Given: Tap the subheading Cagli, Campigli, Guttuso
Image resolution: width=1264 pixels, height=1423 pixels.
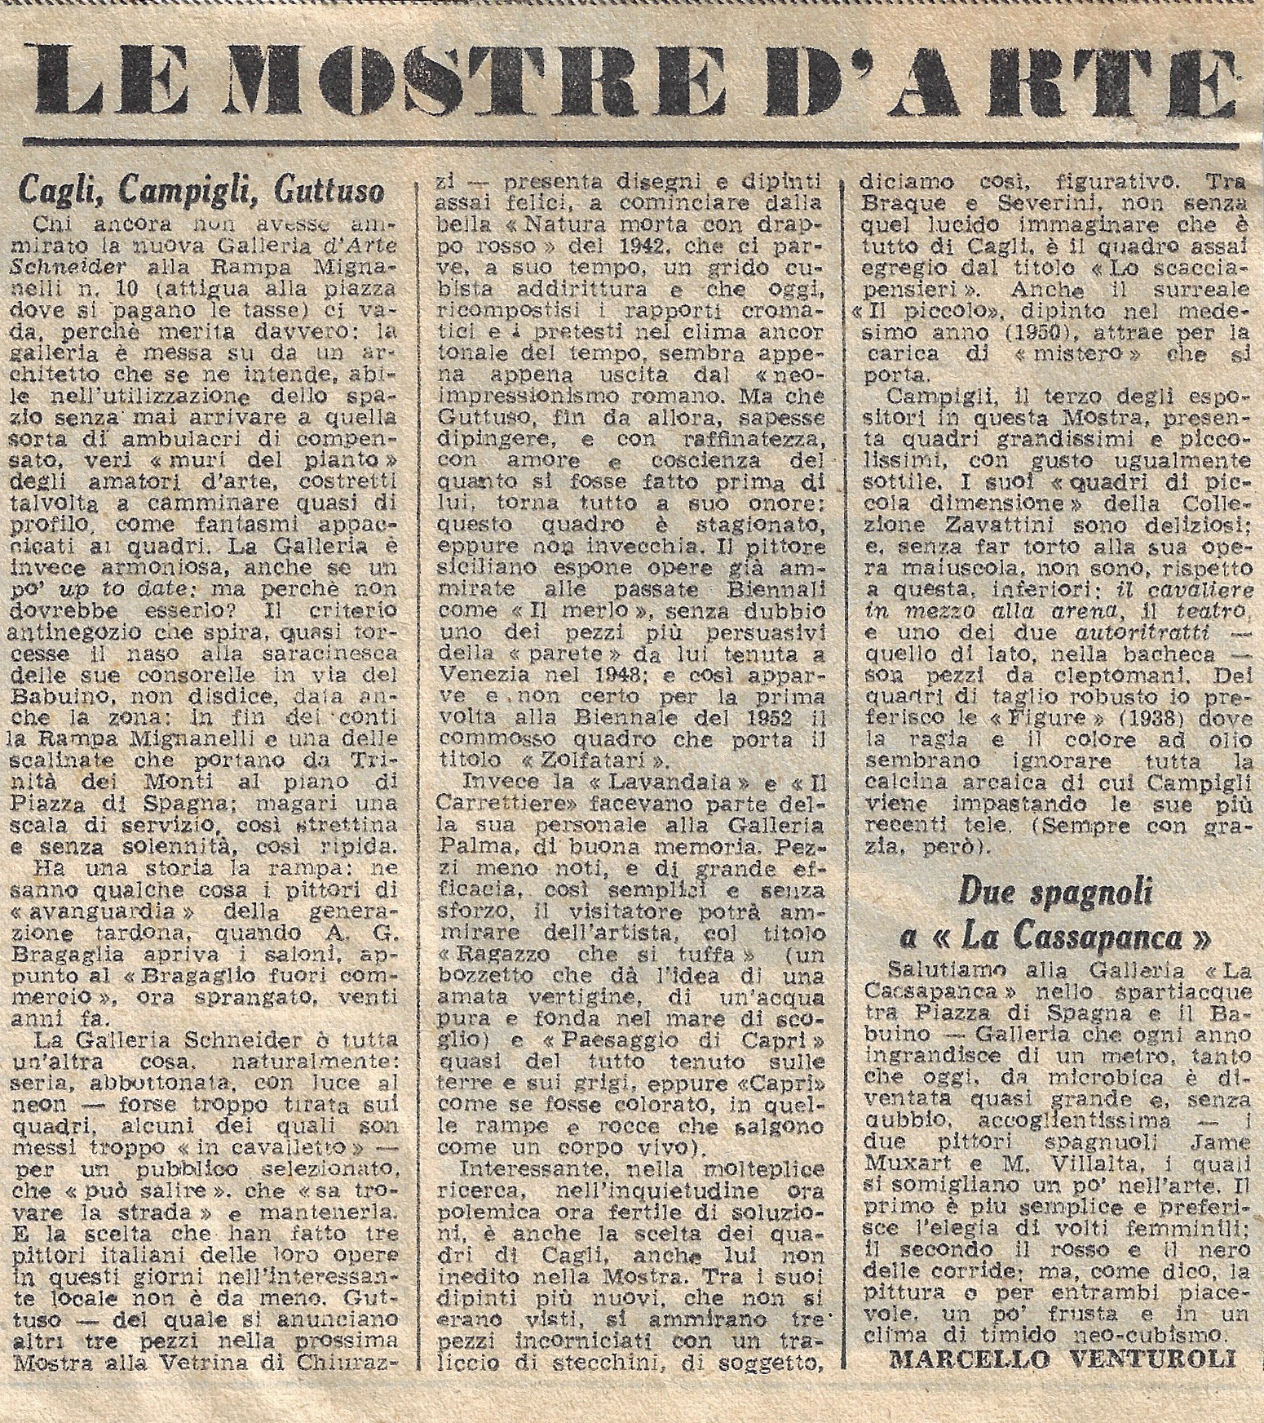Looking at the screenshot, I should coord(201,192).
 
